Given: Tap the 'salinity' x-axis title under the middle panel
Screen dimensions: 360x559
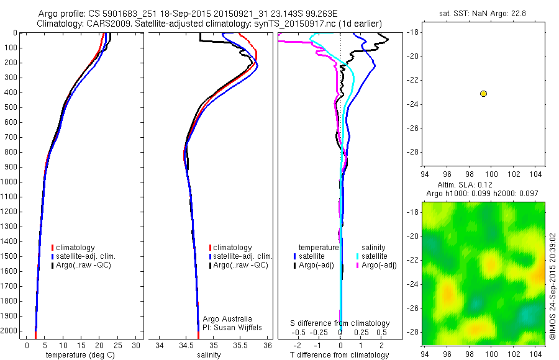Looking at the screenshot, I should click(209, 355).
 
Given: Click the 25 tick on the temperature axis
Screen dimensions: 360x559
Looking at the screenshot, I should click(119, 344).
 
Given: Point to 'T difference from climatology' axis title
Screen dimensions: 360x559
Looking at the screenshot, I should click(340, 355).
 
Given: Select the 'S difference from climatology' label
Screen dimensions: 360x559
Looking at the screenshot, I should click(340, 323).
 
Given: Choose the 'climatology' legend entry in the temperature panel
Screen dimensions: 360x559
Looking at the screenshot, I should click(78, 248).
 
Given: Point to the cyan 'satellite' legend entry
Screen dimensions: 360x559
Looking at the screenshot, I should click(373, 256).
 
